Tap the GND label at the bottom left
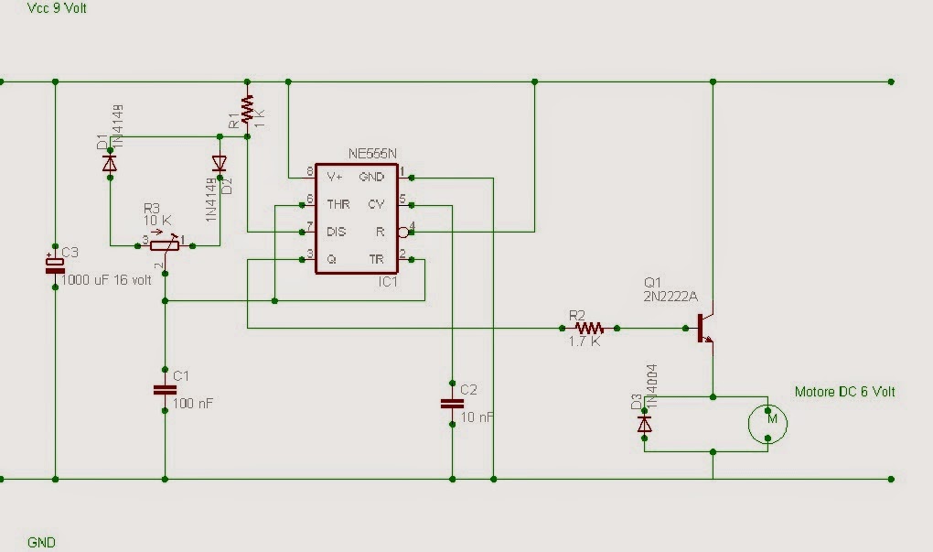(41, 542)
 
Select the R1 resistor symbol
(246, 111)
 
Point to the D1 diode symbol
(110, 164)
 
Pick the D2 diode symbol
(219, 164)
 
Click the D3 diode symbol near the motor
(645, 424)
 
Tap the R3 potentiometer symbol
(165, 244)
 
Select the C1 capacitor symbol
(165, 390)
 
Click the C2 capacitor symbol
(452, 403)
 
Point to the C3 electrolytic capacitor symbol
(55, 265)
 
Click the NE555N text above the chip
(372, 154)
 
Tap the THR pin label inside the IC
(338, 203)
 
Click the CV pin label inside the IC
(376, 203)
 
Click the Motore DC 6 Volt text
(844, 392)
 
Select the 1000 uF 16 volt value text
(106, 280)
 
